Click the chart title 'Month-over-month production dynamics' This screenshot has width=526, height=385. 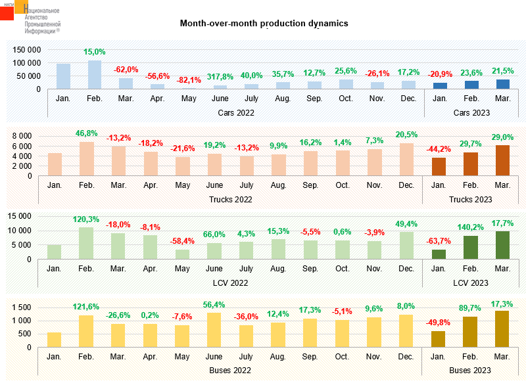(x=264, y=24)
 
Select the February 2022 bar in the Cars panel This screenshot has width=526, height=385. (x=95, y=75)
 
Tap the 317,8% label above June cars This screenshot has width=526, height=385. (x=220, y=76)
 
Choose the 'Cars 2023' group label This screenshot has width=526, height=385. (x=472, y=112)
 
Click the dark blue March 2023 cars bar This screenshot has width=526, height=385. (x=503, y=84)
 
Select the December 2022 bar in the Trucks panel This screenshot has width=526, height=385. (x=408, y=160)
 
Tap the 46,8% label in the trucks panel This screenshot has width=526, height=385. (x=87, y=133)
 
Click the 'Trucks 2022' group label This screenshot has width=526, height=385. (x=230, y=199)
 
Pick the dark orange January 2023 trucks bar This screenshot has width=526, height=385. (x=439, y=167)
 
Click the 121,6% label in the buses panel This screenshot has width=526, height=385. (x=87, y=306)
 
